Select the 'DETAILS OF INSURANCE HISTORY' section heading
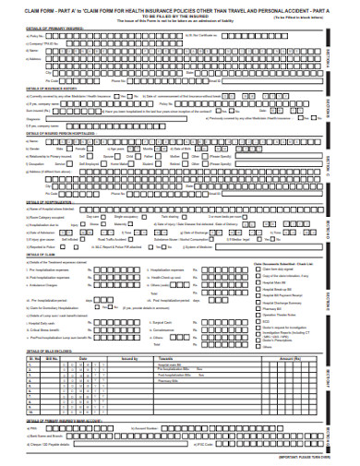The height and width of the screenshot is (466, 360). coord(38,90)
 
